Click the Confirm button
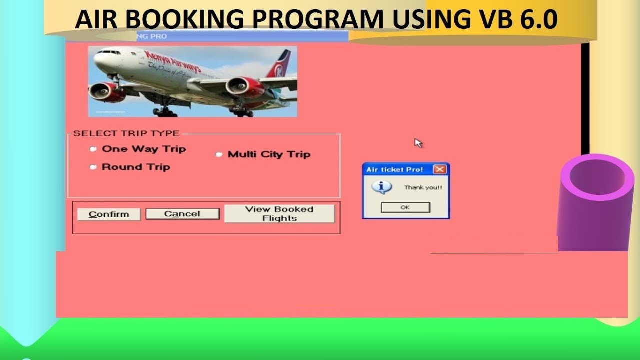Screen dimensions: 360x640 tap(109, 214)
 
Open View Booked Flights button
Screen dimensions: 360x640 tap(279, 214)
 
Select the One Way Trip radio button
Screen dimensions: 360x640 tap(93, 149)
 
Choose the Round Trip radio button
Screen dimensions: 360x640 tap(93, 167)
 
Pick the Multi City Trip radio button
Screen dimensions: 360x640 tap(219, 154)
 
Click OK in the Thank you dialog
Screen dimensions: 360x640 tap(405, 207)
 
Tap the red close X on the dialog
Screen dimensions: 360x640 tap(439, 169)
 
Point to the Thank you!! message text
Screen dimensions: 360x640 tap(423, 188)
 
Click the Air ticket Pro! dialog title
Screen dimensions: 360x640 tap(394, 170)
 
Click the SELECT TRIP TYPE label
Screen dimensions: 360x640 tap(126, 133)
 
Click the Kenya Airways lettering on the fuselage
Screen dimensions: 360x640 tap(172, 61)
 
